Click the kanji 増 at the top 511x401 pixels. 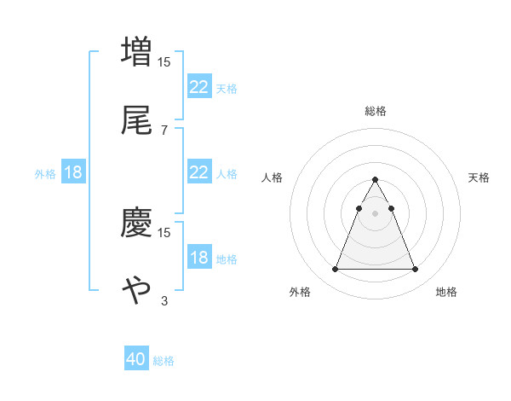[x=136, y=50]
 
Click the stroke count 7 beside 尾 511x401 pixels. [x=164, y=130]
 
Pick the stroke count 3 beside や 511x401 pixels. [x=164, y=300]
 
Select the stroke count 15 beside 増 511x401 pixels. [x=165, y=61]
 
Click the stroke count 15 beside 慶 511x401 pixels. [x=165, y=232]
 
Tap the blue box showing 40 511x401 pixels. [x=136, y=359]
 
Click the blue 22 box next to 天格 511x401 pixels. [x=198, y=87]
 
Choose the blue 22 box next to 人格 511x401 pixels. [x=198, y=172]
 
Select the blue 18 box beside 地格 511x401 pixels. [x=198, y=258]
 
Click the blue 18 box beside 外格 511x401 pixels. [x=73, y=172]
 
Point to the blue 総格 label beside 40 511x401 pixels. [x=164, y=361]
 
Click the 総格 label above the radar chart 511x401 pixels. [x=375, y=111]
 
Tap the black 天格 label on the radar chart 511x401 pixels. [x=479, y=177]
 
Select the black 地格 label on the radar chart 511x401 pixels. [x=446, y=292]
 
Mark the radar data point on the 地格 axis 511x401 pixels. [x=415, y=270]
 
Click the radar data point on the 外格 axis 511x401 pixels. [x=335, y=270]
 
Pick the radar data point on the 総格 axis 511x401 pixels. [x=375, y=180]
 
